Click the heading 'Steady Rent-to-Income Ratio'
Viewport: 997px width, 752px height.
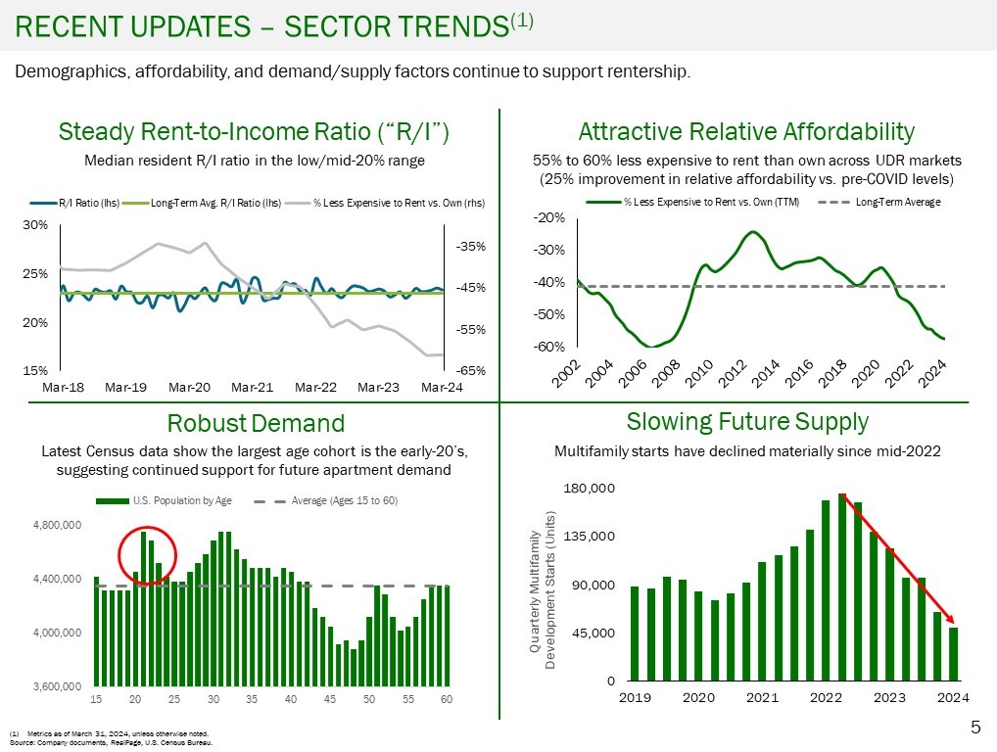click(254, 132)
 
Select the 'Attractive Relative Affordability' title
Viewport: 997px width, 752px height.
click(746, 132)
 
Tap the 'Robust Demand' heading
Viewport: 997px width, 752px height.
click(256, 423)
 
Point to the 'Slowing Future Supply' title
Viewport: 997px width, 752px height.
click(747, 421)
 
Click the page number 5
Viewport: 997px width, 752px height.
click(975, 727)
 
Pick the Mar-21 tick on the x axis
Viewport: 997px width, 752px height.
click(252, 387)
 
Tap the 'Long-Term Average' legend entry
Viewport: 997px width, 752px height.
click(897, 202)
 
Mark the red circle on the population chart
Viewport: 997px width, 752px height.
click(147, 555)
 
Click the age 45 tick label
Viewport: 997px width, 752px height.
click(330, 699)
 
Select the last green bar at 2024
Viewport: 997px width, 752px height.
click(953, 653)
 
